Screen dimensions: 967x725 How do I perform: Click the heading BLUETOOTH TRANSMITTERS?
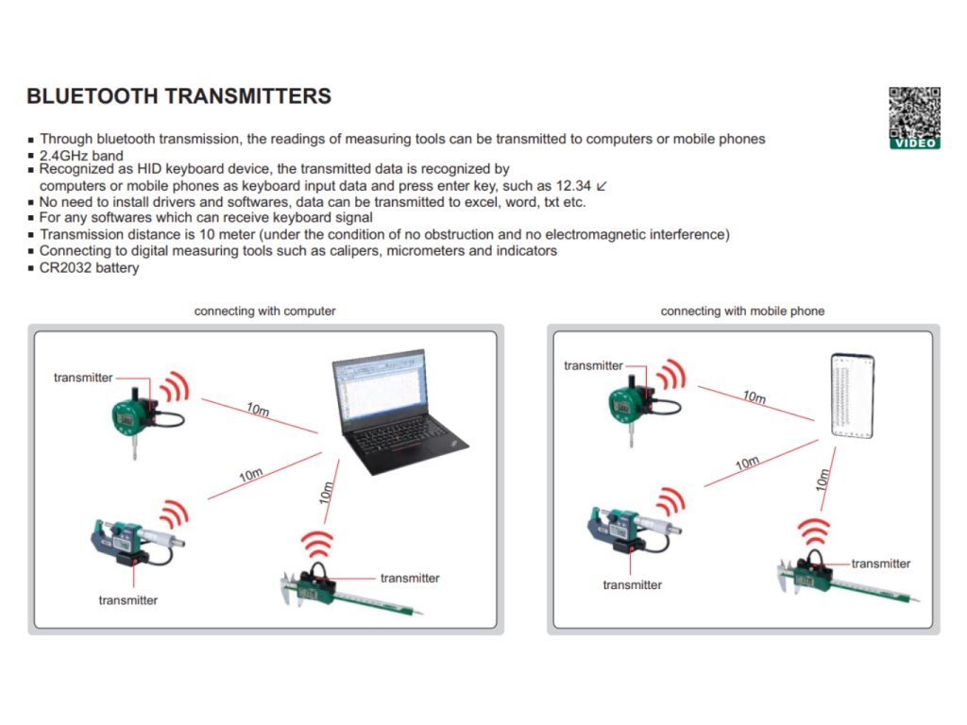[x=178, y=96]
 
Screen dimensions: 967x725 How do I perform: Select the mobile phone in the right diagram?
[x=852, y=396]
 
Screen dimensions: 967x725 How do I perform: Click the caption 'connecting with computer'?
[x=264, y=311]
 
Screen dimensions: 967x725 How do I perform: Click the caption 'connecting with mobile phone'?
[x=742, y=311]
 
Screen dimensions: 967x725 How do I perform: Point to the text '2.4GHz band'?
[x=81, y=155]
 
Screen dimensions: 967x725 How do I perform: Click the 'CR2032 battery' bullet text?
[x=89, y=268]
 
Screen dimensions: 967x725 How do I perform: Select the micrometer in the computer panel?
[x=132, y=544]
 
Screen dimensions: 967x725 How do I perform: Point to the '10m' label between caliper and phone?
[x=823, y=480]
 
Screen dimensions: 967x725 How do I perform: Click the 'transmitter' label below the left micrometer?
[x=128, y=599]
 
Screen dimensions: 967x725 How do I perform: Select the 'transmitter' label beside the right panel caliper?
[x=881, y=564]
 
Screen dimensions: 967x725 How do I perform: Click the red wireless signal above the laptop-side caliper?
[x=316, y=545]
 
